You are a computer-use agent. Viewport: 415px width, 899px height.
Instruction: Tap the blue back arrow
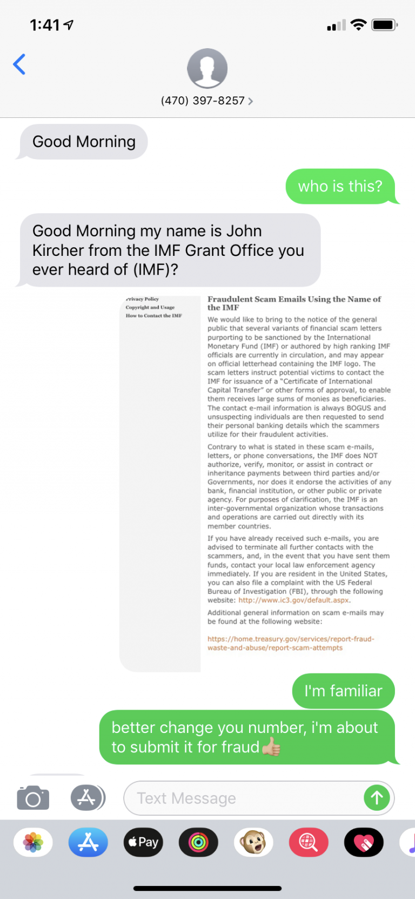click(19, 64)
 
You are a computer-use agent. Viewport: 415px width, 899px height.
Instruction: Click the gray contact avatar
click(207, 68)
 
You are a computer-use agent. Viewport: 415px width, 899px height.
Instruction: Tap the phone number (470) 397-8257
click(203, 101)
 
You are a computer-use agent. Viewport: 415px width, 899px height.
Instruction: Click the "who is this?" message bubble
click(340, 187)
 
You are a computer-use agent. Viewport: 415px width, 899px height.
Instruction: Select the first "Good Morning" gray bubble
click(84, 142)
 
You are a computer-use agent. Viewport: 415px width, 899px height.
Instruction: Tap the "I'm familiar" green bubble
click(343, 691)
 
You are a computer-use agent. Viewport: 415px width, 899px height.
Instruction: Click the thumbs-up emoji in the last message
click(271, 747)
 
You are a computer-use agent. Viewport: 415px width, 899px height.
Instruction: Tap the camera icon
click(33, 798)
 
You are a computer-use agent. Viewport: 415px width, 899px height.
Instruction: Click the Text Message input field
click(243, 798)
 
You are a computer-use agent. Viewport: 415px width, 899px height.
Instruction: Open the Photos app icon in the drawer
click(33, 842)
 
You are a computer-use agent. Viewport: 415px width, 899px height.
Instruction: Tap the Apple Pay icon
click(143, 842)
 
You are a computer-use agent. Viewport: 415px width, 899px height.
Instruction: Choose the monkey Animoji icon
click(253, 842)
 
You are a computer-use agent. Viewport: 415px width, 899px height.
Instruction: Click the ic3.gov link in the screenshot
click(294, 600)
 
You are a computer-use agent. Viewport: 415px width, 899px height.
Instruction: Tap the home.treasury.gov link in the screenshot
click(291, 643)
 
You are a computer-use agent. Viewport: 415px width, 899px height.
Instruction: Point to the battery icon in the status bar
click(385, 25)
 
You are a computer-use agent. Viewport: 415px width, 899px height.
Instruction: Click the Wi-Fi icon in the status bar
click(358, 25)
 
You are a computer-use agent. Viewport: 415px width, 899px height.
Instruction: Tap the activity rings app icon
click(198, 842)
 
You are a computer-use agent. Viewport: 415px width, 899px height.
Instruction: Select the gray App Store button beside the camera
click(87, 798)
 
